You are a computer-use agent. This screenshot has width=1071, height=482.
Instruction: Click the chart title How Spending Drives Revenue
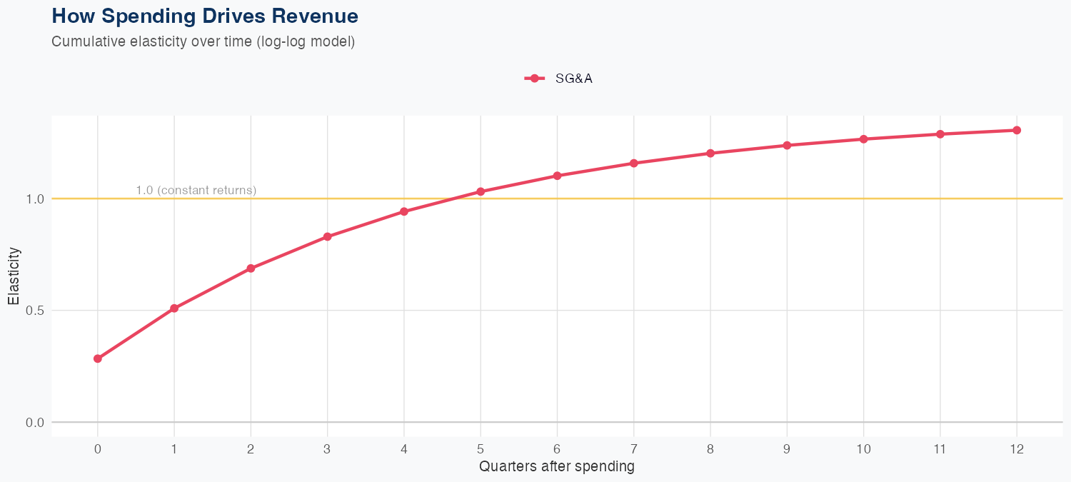pos(205,16)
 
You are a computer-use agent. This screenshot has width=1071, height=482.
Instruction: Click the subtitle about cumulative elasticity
pos(203,41)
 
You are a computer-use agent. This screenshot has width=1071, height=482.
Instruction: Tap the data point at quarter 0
pos(98,358)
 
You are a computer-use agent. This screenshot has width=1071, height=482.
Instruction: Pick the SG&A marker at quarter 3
pos(328,236)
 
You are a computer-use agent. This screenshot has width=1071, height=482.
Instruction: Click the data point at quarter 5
pos(481,191)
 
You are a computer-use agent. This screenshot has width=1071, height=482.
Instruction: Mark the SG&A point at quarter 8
pos(710,153)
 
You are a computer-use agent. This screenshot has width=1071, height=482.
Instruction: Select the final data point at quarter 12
pos(1017,130)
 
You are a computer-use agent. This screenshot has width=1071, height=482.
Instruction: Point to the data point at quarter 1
pos(174,308)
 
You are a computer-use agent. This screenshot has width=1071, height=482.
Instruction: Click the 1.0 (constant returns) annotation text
pos(196,190)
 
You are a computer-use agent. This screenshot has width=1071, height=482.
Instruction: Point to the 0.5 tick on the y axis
pos(35,311)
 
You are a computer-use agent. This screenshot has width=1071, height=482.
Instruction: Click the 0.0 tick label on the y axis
pos(35,422)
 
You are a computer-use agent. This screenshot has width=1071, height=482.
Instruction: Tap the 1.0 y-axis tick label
pos(35,199)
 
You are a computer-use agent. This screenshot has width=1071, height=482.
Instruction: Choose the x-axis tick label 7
pos(634,449)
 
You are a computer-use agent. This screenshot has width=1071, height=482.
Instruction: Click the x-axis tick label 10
pos(864,449)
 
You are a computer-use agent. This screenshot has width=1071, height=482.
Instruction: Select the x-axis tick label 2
pos(251,449)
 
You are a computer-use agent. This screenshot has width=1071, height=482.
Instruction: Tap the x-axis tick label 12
pos(1017,449)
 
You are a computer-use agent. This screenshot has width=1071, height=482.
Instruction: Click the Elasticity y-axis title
pos(14,276)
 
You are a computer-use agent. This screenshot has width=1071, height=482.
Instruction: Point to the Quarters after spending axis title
pos(557,467)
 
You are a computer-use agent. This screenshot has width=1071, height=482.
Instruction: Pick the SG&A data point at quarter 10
pos(864,139)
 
